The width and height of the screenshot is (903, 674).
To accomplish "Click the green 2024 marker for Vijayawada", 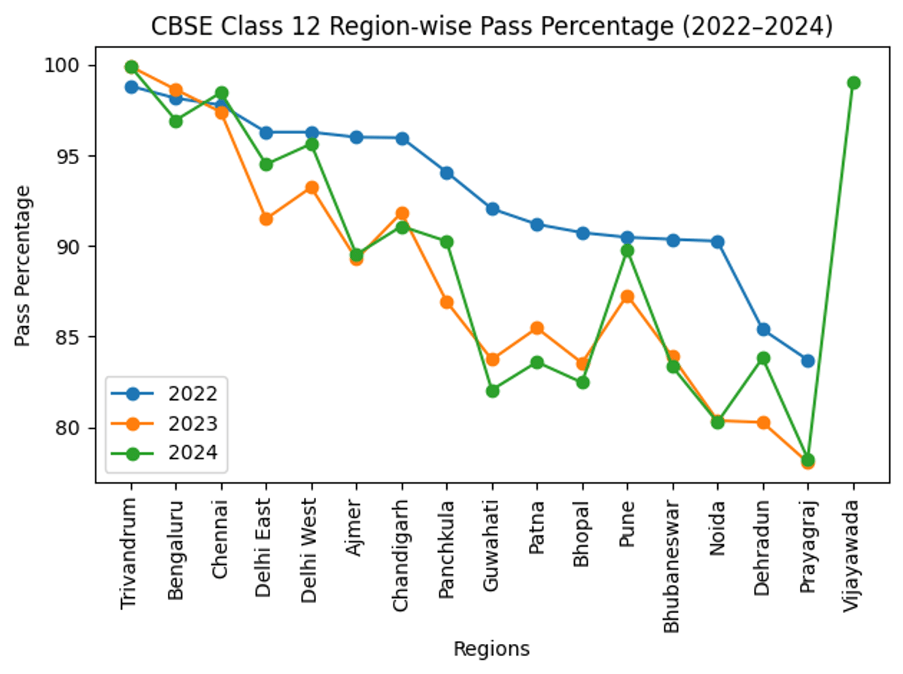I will tap(853, 83).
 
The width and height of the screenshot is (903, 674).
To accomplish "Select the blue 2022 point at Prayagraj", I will tap(807, 361).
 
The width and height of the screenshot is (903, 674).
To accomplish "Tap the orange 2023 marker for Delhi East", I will tap(266, 219).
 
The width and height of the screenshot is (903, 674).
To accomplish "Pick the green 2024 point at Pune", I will tap(627, 251).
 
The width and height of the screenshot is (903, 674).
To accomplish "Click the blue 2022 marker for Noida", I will tap(717, 242).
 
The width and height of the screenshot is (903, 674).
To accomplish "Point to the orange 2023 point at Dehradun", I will tap(762, 422).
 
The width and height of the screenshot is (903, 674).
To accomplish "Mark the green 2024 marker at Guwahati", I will tap(492, 391).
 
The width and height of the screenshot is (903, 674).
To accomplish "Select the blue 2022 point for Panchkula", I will tap(446, 173).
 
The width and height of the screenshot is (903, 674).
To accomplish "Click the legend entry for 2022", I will tap(166, 394).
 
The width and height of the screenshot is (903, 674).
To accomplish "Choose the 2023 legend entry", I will tap(166, 423).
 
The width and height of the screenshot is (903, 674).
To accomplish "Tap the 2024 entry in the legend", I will tap(166, 453).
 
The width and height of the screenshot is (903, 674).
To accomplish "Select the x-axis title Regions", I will tap(491, 649).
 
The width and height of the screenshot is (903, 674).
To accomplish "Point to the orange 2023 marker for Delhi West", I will tap(311, 188).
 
